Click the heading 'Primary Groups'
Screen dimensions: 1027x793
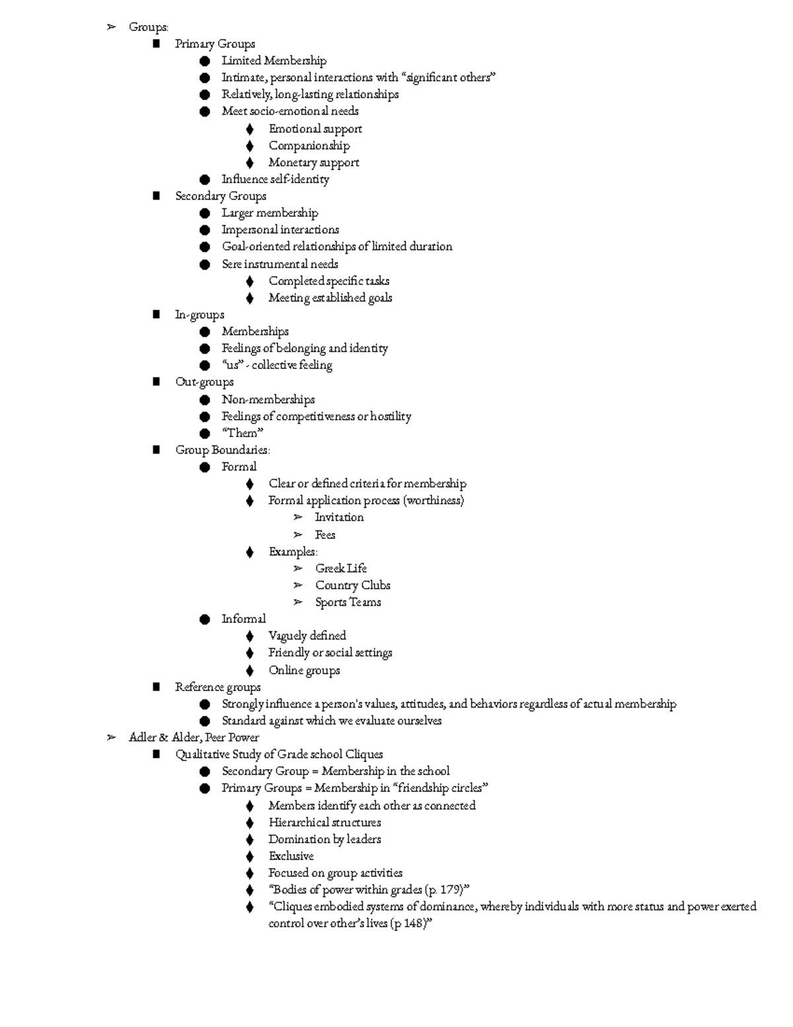coord(215,44)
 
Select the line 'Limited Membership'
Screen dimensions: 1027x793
coord(274,61)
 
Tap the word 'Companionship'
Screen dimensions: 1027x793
coord(309,145)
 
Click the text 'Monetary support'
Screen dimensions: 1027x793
coord(313,163)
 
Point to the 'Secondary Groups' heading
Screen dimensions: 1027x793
coord(220,196)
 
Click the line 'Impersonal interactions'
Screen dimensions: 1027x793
coord(280,229)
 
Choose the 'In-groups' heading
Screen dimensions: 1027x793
coord(199,315)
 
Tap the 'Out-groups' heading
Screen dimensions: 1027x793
coord(204,382)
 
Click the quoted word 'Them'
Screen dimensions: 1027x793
coord(242,433)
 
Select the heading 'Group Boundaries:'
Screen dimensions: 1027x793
coord(222,450)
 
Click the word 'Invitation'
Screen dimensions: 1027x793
coord(339,517)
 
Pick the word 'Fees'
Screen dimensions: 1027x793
coord(324,534)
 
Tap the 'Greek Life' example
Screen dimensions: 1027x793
coord(340,568)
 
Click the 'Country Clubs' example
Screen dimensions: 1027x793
coord(352,585)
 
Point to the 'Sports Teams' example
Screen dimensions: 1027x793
coord(348,602)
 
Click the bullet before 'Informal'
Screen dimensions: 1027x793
coord(205,619)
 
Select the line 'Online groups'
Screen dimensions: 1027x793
coord(304,670)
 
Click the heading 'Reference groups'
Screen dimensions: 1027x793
coord(217,687)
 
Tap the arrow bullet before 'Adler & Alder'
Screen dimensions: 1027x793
coord(112,737)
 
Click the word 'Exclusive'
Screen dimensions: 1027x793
coord(291,856)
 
